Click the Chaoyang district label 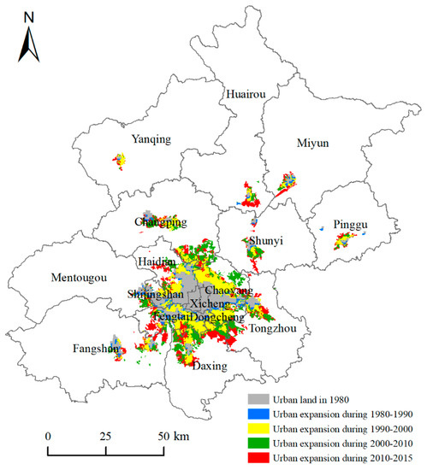(x=228, y=291)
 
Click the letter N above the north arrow (x=29, y=16)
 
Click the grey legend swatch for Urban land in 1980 (x=256, y=398)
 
